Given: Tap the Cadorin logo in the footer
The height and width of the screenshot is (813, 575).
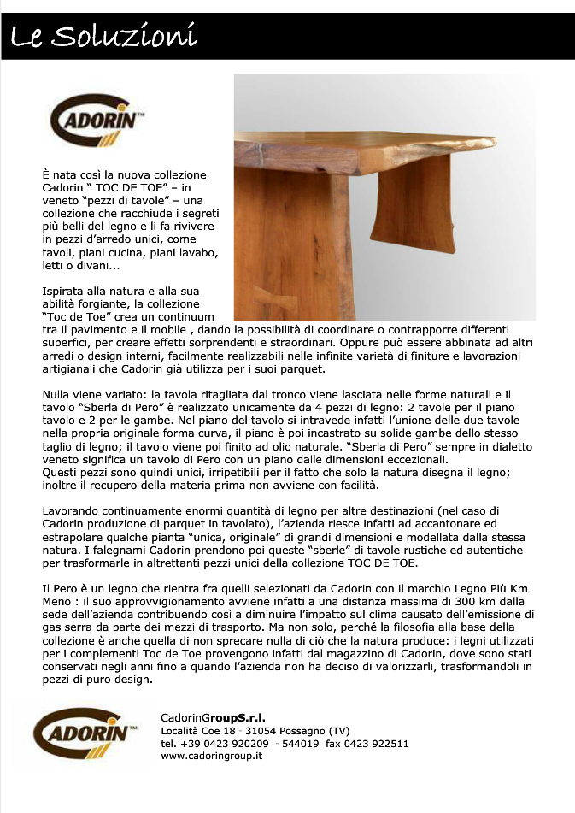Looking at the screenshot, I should point(85,733).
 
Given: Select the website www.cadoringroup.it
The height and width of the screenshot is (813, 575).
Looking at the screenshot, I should point(211,756).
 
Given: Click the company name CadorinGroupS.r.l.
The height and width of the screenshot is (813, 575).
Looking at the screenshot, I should point(213,717).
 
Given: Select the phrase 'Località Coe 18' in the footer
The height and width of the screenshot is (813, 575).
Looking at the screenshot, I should point(197,731).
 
